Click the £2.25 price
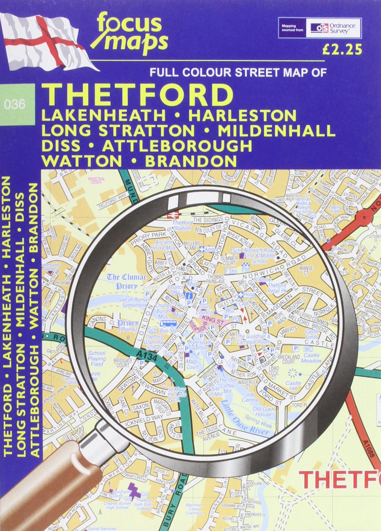tap(342, 50)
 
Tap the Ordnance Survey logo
tap(333, 28)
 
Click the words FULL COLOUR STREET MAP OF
tap(238, 73)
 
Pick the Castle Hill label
tap(293, 386)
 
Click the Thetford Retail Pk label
tap(277, 288)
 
